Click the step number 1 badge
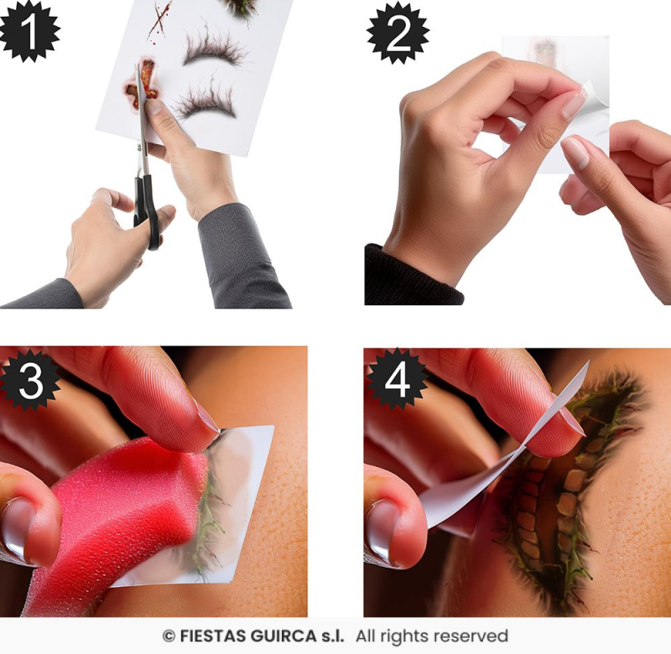click(29, 31)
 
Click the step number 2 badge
click(398, 33)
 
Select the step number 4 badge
click(396, 379)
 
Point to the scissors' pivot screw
click(140, 147)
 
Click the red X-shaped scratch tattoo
click(159, 20)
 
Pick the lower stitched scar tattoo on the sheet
click(205, 101)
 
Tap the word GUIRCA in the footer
click(283, 636)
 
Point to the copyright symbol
click(169, 636)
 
